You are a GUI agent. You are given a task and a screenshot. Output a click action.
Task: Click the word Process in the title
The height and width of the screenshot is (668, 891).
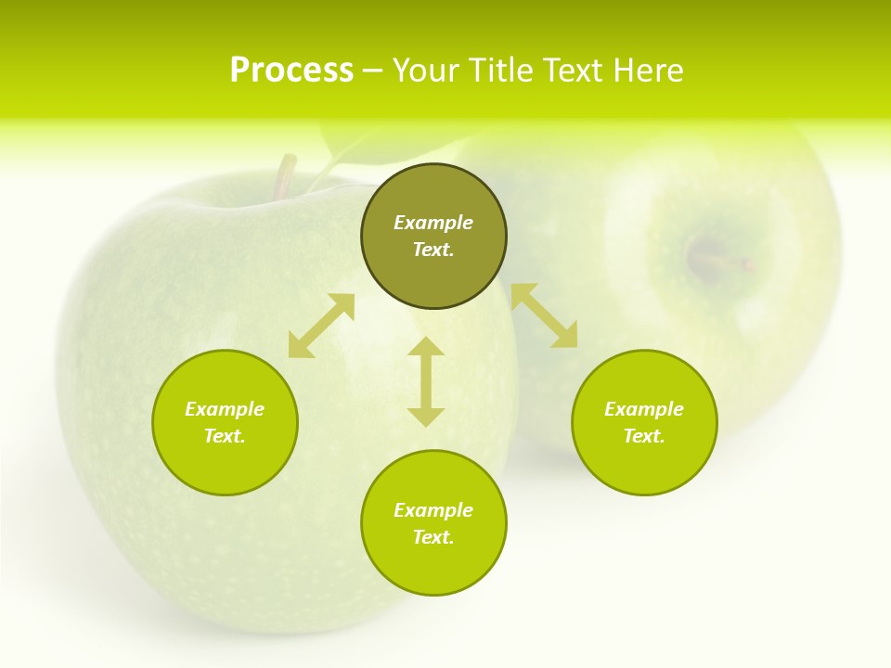[291, 71]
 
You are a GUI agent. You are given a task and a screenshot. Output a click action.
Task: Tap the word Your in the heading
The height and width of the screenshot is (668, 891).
[427, 71]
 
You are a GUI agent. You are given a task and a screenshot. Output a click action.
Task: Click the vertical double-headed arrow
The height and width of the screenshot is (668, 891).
[426, 381]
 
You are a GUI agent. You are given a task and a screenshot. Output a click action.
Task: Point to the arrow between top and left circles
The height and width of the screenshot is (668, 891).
[321, 326]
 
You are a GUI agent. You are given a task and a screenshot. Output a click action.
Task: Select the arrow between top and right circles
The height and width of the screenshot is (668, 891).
[544, 315]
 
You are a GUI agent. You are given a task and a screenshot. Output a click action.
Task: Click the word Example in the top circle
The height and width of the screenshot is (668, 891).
[433, 223]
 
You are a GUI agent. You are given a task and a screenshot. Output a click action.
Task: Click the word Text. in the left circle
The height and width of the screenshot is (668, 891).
[225, 436]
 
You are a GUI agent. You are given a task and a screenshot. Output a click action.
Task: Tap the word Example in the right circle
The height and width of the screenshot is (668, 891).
[644, 409]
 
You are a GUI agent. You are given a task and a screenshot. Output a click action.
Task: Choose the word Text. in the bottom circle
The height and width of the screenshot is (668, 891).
[433, 537]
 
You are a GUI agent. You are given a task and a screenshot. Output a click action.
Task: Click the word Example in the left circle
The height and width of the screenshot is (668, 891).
[225, 409]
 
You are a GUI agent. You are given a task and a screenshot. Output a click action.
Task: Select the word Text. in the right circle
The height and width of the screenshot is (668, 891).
[644, 436]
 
